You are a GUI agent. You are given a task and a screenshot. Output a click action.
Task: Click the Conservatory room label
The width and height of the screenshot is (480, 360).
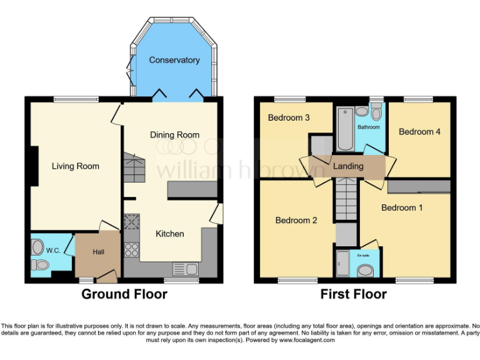[x=174, y=61]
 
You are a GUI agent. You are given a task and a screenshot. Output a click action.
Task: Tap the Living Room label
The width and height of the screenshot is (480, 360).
[x=75, y=166]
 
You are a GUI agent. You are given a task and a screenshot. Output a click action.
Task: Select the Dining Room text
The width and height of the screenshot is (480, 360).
[x=174, y=134]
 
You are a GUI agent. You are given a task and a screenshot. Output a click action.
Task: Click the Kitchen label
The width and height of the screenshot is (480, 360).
[x=169, y=234]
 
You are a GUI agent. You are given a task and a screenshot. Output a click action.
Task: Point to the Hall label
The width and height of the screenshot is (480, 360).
[x=98, y=252]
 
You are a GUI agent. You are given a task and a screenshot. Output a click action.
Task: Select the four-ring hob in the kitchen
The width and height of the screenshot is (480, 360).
[x=132, y=250]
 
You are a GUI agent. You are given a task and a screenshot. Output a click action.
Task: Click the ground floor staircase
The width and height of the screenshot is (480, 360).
[x=134, y=167]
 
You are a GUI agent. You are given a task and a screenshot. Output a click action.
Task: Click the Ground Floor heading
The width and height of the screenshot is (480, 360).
[x=124, y=294]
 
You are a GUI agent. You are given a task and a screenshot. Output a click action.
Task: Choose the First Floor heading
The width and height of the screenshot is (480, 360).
[x=353, y=294]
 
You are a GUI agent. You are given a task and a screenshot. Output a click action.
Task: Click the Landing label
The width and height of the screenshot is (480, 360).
[x=348, y=167]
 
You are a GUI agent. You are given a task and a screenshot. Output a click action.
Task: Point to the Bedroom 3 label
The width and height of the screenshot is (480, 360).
[x=289, y=117]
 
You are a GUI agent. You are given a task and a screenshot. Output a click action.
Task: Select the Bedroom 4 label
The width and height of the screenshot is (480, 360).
[x=419, y=132]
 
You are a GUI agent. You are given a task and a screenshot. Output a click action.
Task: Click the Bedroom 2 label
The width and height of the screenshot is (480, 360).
[x=297, y=220]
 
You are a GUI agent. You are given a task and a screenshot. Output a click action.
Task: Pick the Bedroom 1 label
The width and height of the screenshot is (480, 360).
[x=402, y=207]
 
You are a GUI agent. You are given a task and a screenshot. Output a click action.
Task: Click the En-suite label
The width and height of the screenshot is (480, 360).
[x=362, y=256]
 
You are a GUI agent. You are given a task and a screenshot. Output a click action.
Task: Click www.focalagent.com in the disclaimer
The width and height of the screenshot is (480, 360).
[x=306, y=341]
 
